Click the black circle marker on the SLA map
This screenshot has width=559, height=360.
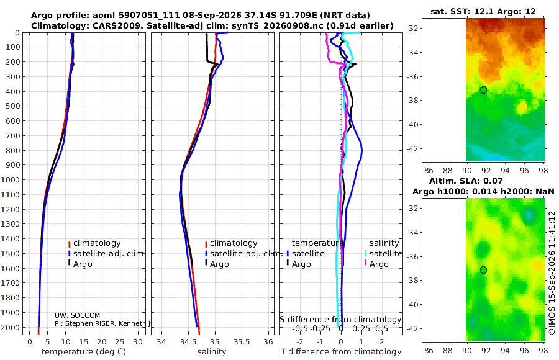(x=483, y=270)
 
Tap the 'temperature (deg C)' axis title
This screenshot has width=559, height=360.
(x=84, y=352)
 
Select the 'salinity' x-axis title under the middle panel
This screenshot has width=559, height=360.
(x=212, y=352)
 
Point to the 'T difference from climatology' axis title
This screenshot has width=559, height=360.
(x=341, y=352)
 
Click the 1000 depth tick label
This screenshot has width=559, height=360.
(x=12, y=179)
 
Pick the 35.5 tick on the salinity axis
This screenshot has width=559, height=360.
(x=242, y=342)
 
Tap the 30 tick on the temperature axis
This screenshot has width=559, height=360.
(x=138, y=342)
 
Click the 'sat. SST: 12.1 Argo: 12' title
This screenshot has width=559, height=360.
(x=483, y=11)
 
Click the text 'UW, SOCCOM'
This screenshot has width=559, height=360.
(x=78, y=315)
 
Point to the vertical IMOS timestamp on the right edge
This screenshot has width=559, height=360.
(x=552, y=272)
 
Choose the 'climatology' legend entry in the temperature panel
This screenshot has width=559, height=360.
(x=97, y=243)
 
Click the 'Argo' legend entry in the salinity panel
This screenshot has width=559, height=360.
(x=219, y=264)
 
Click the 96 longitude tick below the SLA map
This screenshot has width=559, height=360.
(x=524, y=350)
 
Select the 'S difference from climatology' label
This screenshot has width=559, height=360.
(x=340, y=320)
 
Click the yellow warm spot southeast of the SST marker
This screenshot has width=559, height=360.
(x=522, y=106)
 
